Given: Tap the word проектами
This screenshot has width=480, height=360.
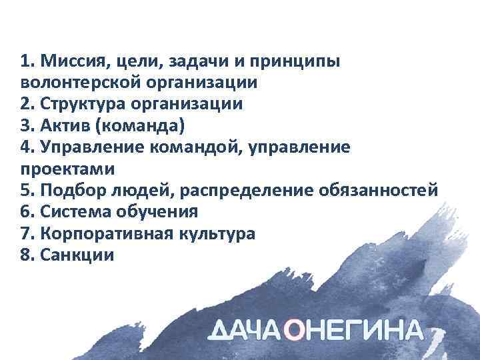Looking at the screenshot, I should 59,169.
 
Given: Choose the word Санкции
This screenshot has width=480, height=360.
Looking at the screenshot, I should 77,255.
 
